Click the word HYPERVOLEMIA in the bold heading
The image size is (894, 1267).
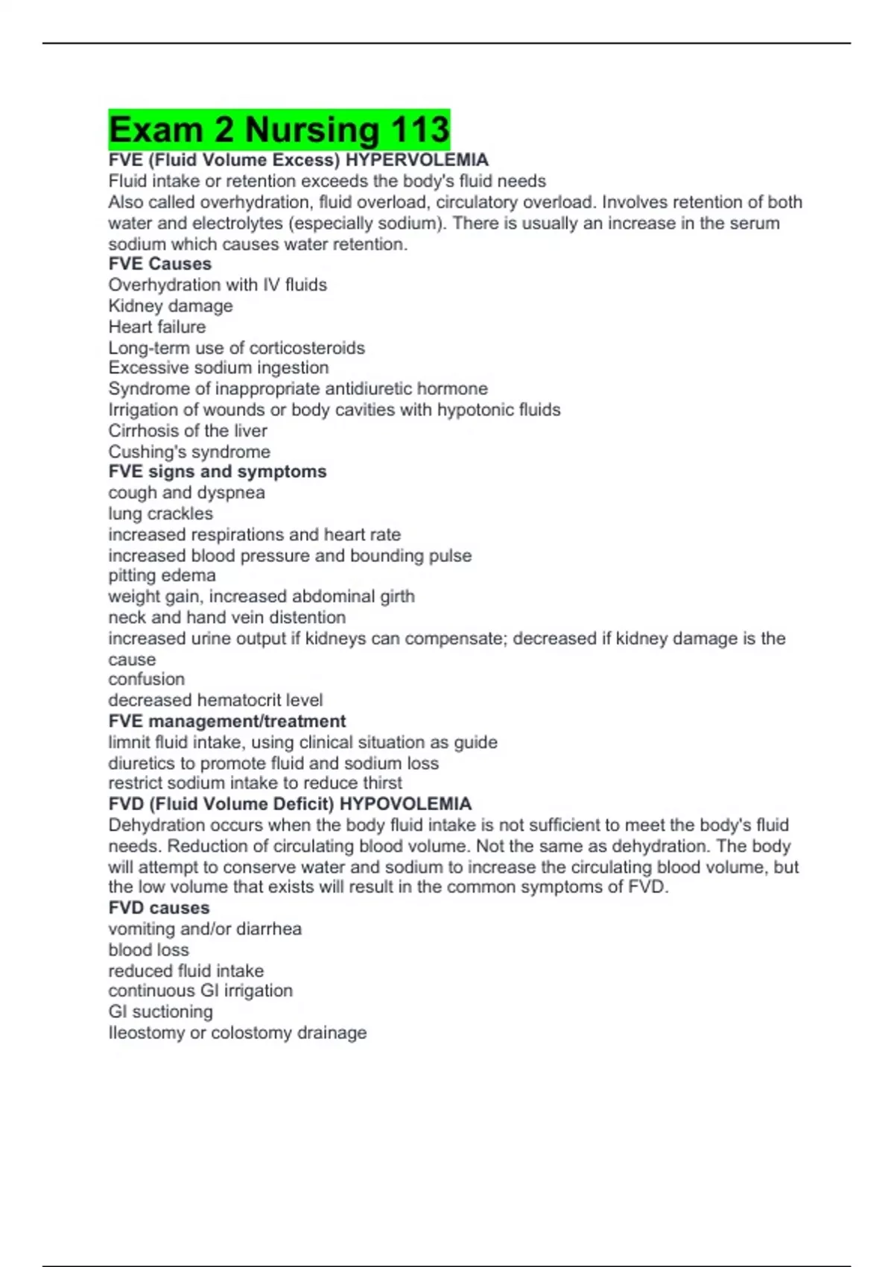(x=416, y=160)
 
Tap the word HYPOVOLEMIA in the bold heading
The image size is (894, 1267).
(x=405, y=804)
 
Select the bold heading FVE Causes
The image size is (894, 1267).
(x=159, y=264)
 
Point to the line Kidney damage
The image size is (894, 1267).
(x=170, y=306)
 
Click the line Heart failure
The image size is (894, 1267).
(x=156, y=326)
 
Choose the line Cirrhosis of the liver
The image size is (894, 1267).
(x=187, y=431)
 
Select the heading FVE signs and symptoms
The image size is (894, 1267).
(x=217, y=472)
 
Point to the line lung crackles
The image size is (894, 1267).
(x=160, y=514)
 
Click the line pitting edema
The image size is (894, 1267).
(x=162, y=575)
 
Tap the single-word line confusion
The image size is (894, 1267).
(x=146, y=679)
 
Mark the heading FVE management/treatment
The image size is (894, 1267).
(x=226, y=721)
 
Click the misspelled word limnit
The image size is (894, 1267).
(x=127, y=742)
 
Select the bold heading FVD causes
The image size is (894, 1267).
(x=159, y=908)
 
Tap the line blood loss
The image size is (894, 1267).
(x=148, y=950)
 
